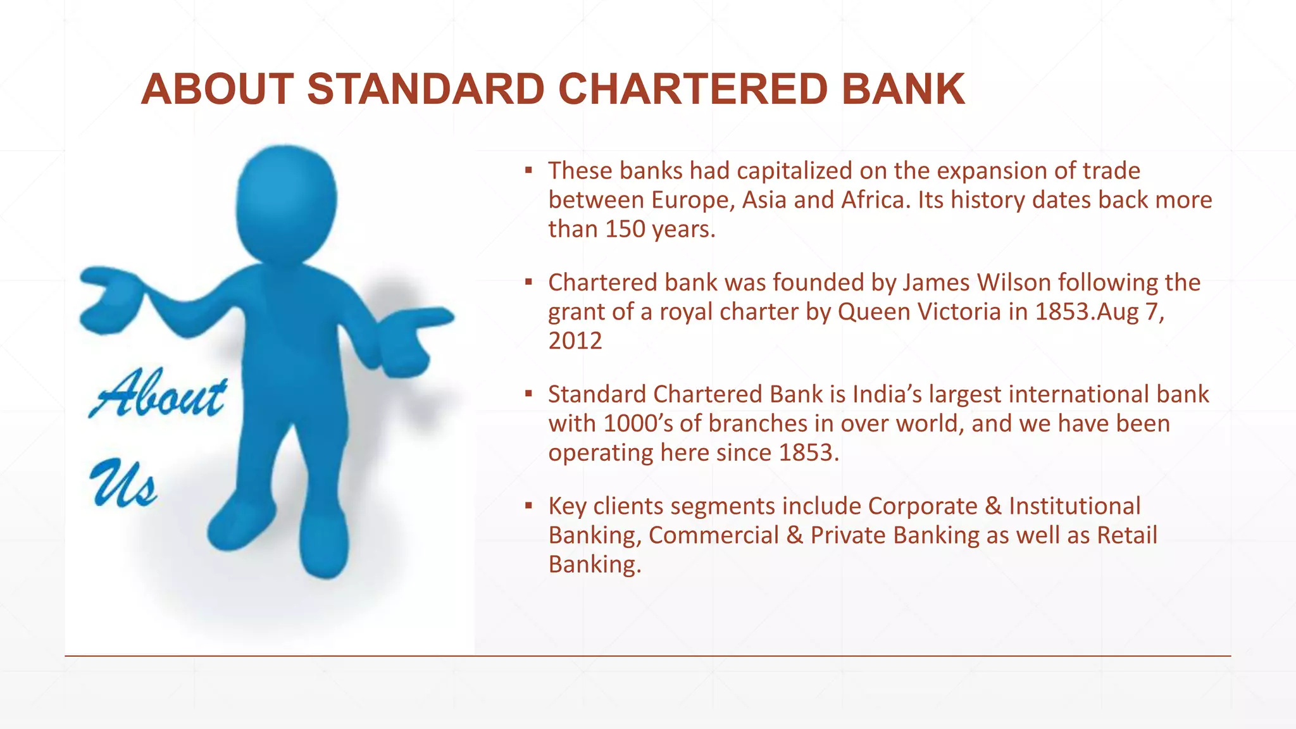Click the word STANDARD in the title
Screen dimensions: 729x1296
tap(426, 89)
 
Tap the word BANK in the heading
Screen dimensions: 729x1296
tap(903, 89)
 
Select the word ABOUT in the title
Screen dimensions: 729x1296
tap(217, 89)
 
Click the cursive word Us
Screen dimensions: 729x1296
tap(123, 484)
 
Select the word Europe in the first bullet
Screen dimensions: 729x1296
tap(692, 200)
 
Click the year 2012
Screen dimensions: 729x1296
tap(575, 340)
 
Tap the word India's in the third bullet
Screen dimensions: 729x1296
tap(887, 394)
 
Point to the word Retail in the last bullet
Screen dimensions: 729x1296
tap(1126, 535)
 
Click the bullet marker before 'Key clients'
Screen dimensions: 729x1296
tap(528, 506)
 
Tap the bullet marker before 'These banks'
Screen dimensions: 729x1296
tap(528, 170)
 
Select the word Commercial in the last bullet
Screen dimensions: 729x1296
tap(714, 535)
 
